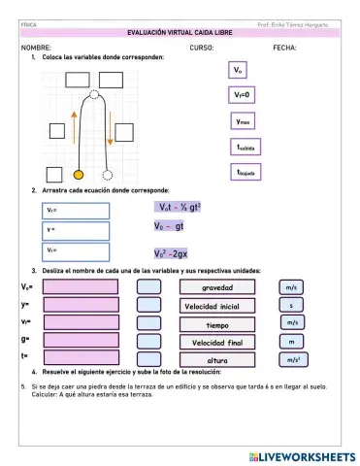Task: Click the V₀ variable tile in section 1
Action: coord(239,71)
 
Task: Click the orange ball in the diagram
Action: coord(80,175)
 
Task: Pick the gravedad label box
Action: coord(216,287)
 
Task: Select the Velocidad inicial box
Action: coord(216,306)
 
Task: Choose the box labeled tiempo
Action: coord(216,324)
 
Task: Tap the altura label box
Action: coord(216,360)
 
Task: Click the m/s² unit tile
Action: coord(292,360)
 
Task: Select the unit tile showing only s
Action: coord(291,306)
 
